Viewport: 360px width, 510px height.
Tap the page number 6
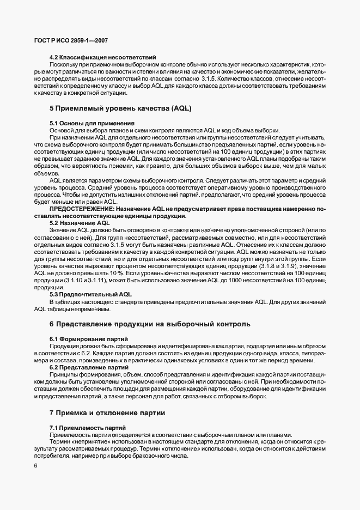(35, 466)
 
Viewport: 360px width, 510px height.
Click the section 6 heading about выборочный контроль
(150, 324)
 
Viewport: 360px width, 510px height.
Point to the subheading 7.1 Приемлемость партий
(88, 428)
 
